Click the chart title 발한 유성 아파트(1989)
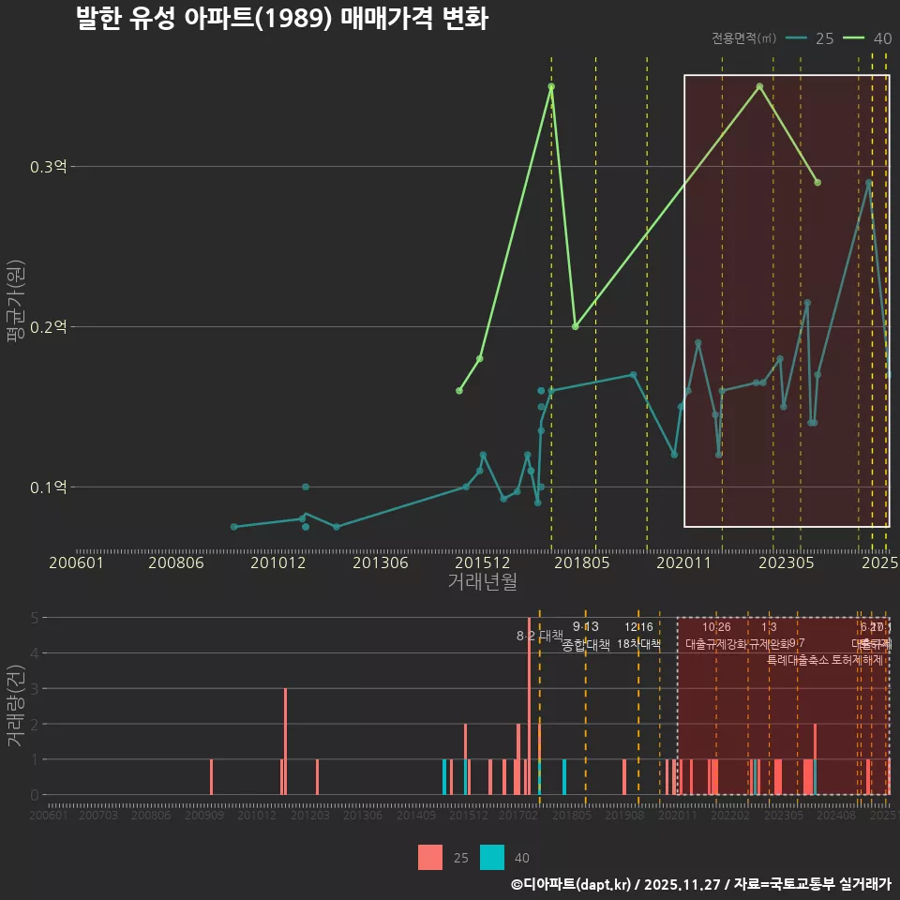pyautogui.click(x=281, y=20)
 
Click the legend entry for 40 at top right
pyautogui.click(x=867, y=38)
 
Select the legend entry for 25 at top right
pyautogui.click(x=810, y=38)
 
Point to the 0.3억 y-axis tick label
pyautogui.click(x=49, y=167)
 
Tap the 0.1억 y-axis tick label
pyautogui.click(x=49, y=487)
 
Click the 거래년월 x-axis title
pyautogui.click(x=482, y=581)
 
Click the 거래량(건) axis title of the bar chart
pyautogui.click(x=15, y=705)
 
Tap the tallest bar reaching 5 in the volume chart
pyautogui.click(x=530, y=705)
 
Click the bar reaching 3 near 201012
pyautogui.click(x=285, y=741)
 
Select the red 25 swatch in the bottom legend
pyautogui.click(x=430, y=857)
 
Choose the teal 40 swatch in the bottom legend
pyautogui.click(x=492, y=857)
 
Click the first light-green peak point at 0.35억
pyautogui.click(x=551, y=86)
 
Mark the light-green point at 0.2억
pyautogui.click(x=575, y=326)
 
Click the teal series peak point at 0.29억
pyautogui.click(x=869, y=183)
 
